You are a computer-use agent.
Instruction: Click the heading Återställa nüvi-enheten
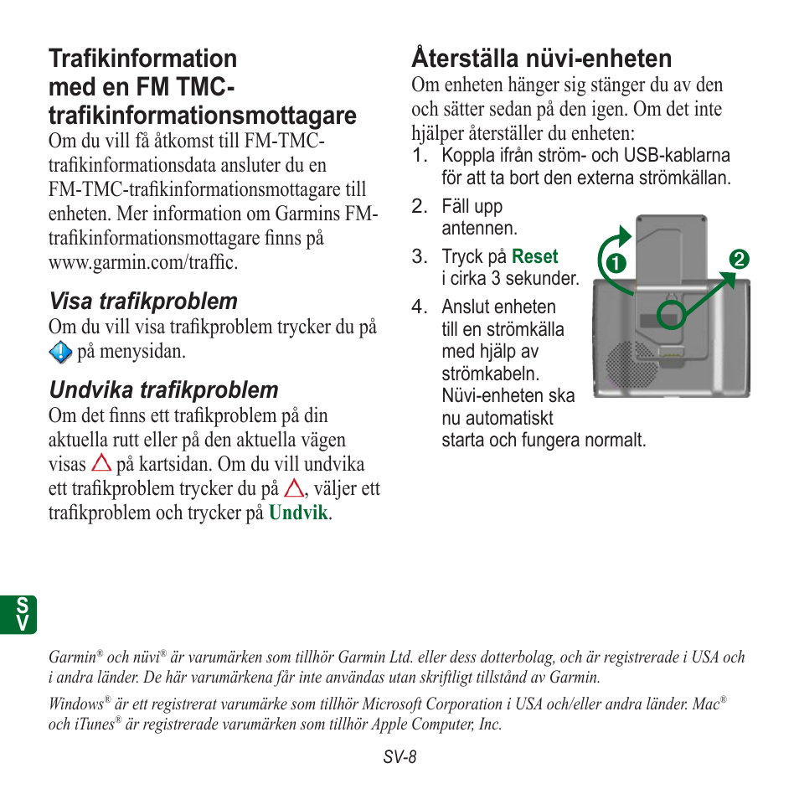541,59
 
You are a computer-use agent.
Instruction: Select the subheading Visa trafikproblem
142,302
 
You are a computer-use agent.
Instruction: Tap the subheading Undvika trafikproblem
163,390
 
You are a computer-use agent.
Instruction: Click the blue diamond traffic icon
60,353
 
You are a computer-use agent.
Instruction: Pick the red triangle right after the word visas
102,462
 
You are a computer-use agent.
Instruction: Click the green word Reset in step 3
534,257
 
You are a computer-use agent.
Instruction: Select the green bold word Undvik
298,513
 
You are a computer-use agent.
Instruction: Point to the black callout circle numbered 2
738,260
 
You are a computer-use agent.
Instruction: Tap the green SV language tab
23,615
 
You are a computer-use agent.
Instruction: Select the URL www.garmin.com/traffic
142,263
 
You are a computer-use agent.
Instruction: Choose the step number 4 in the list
418,307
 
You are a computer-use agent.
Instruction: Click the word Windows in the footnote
75,705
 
